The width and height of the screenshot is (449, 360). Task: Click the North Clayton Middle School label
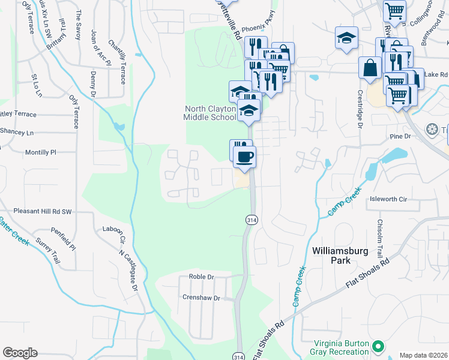click(210, 113)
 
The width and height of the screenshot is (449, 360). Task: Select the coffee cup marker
click(244, 158)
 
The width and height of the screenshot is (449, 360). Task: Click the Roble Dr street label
click(201, 277)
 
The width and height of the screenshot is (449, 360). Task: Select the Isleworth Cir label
click(388, 199)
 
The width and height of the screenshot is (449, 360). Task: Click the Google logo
click(20, 353)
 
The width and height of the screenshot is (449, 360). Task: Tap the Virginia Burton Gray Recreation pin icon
click(378, 346)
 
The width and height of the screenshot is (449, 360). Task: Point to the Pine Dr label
click(399, 137)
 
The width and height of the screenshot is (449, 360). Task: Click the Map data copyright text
click(423, 355)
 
